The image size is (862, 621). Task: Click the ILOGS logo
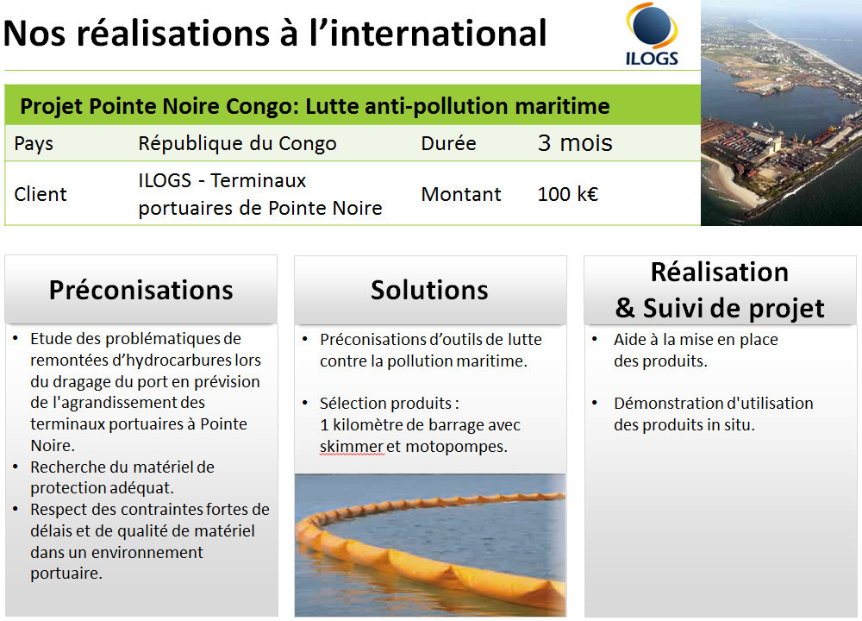pyautogui.click(x=652, y=34)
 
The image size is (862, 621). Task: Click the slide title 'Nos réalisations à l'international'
pyautogui.click(x=275, y=34)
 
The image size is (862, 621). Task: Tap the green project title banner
pyautogui.click(x=315, y=106)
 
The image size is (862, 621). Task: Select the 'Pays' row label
pyautogui.click(x=34, y=143)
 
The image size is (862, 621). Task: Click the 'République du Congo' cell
pyautogui.click(x=237, y=143)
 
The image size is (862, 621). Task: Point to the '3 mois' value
pyautogui.click(x=575, y=143)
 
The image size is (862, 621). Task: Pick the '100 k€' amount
pyautogui.click(x=567, y=194)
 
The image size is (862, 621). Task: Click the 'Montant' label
pyautogui.click(x=460, y=194)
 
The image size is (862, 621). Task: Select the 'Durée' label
pyautogui.click(x=448, y=143)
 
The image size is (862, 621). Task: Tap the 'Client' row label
pyautogui.click(x=41, y=194)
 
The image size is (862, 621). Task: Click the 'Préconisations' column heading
pyautogui.click(x=141, y=290)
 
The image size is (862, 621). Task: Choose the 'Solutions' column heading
pyautogui.click(x=429, y=290)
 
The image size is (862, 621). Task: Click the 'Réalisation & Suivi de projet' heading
pyautogui.click(x=720, y=290)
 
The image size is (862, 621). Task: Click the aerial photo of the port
pyautogui.click(x=780, y=112)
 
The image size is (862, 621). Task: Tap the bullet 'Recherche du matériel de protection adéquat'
pyautogui.click(x=122, y=477)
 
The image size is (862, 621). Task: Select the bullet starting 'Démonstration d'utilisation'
pyautogui.click(x=712, y=414)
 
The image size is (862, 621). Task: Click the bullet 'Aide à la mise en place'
pyautogui.click(x=695, y=350)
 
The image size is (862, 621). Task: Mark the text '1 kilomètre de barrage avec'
pyautogui.click(x=420, y=425)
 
